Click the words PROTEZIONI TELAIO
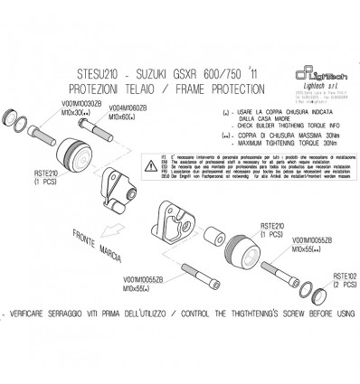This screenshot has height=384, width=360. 118,90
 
